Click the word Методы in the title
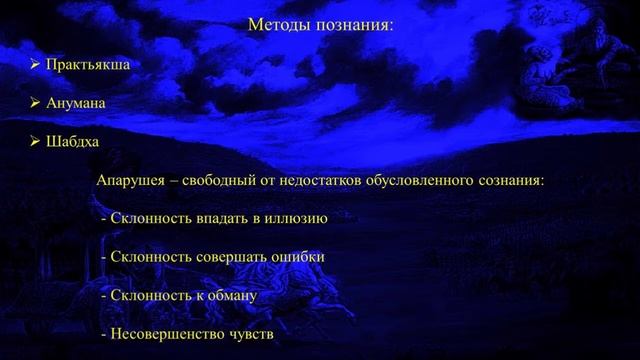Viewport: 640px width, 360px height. pyautogui.click(x=277, y=24)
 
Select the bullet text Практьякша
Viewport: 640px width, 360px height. pyautogui.click(x=87, y=64)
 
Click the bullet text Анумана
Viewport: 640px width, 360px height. pyautogui.click(x=75, y=103)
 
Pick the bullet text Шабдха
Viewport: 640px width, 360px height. pyautogui.click(x=71, y=142)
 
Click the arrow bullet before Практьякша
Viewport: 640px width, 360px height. pyautogui.click(x=35, y=64)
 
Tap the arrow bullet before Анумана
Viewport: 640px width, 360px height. pyautogui.click(x=35, y=103)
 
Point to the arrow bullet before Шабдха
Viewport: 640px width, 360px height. pyautogui.click(x=35, y=142)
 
